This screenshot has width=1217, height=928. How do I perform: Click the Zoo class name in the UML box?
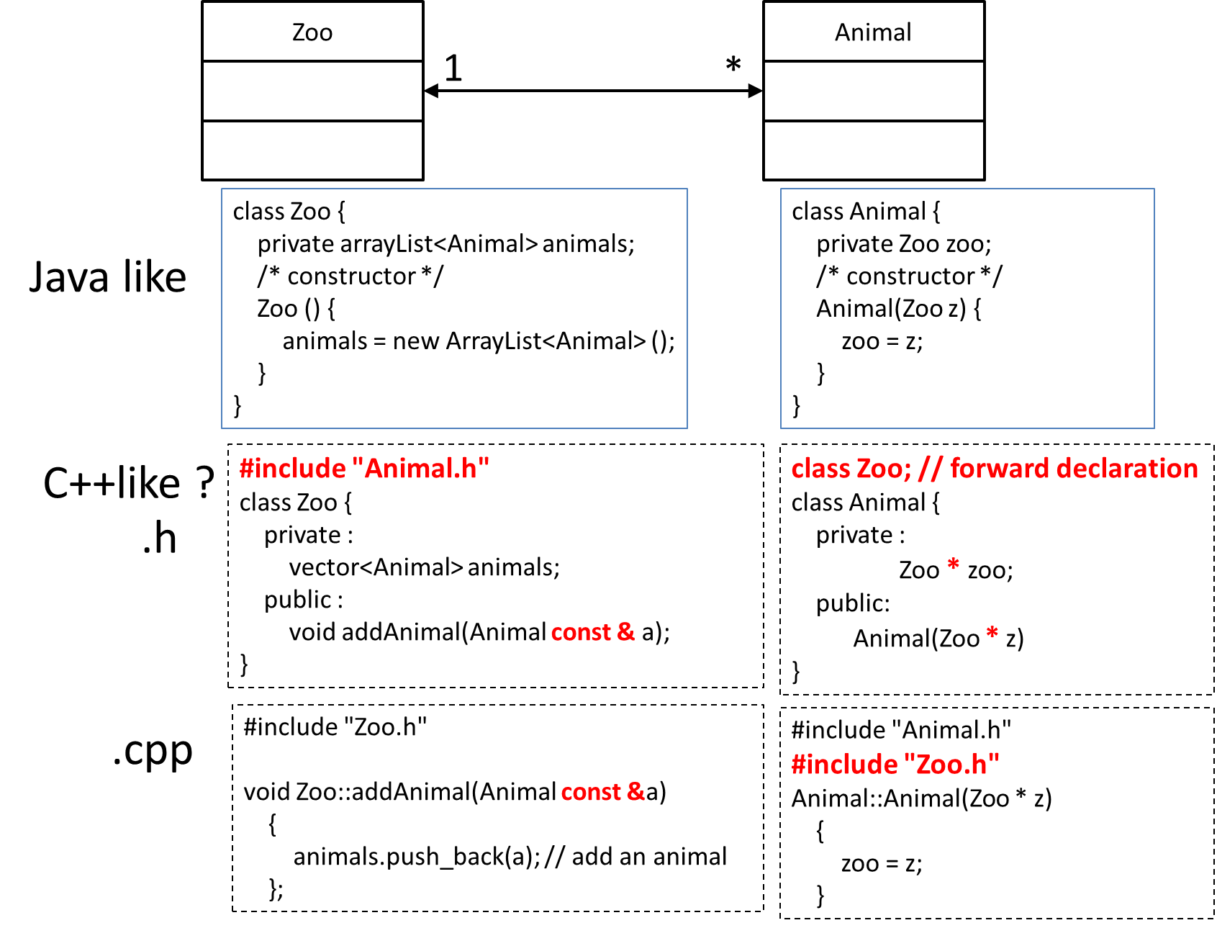(312, 32)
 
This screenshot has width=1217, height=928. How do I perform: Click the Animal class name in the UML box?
(873, 32)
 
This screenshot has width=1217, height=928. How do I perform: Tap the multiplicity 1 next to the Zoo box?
(453, 69)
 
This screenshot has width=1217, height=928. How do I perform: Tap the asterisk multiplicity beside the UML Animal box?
(733, 66)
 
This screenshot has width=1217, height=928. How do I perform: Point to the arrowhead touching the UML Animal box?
(756, 91)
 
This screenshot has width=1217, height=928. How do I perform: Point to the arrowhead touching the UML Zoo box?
(431, 91)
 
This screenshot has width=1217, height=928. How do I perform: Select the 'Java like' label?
(108, 277)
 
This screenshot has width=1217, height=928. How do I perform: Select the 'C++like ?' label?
(129, 483)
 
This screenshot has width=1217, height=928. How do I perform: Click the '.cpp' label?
(153, 751)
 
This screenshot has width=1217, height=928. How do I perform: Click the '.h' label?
(159, 538)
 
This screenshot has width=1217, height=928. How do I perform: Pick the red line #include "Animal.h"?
(364, 469)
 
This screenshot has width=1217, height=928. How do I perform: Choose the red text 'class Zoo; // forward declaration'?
(995, 469)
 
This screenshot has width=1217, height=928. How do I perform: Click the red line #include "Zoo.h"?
(895, 764)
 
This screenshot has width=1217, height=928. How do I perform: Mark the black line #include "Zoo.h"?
(335, 727)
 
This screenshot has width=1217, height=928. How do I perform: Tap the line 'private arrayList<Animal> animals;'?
(445, 244)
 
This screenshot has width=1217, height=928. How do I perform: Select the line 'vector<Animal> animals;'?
(424, 567)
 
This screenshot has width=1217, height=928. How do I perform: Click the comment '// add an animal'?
(636, 857)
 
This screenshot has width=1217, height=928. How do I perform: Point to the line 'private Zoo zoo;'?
(903, 244)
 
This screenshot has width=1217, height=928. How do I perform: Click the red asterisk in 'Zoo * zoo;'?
(954, 565)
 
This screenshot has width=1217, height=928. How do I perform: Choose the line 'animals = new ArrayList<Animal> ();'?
(479, 341)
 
